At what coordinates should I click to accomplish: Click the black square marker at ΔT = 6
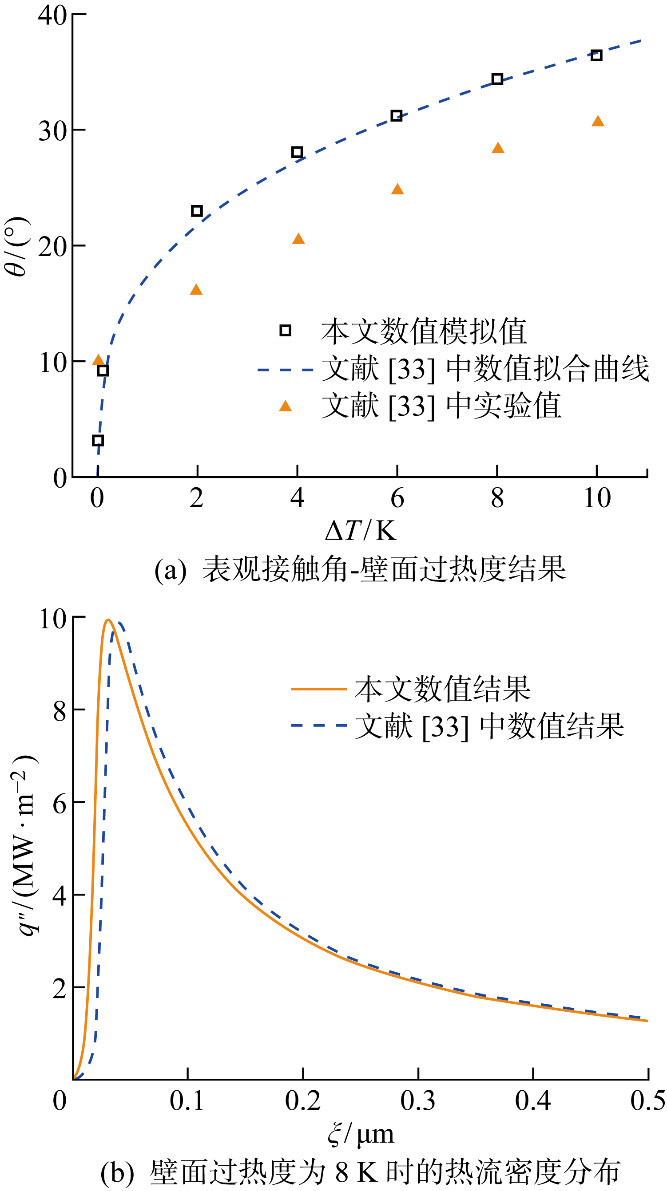[397, 115]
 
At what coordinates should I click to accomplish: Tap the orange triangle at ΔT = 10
[598, 121]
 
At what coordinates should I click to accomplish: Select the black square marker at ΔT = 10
[596, 55]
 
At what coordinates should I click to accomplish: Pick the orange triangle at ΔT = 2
[196, 290]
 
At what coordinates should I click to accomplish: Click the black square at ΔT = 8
[497, 79]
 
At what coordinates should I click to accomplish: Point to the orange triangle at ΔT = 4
[298, 239]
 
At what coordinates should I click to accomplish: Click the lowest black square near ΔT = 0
[98, 440]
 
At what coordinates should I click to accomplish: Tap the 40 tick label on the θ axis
[52, 15]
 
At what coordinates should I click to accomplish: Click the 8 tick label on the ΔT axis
[497, 498]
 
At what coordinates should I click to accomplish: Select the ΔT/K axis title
[360, 530]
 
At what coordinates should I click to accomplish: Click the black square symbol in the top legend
[286, 331]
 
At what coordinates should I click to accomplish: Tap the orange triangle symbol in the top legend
[286, 406]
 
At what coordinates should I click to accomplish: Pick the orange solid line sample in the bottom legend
[319, 689]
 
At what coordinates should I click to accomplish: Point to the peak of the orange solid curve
[108, 620]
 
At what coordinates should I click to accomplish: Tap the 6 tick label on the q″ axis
[60, 804]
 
